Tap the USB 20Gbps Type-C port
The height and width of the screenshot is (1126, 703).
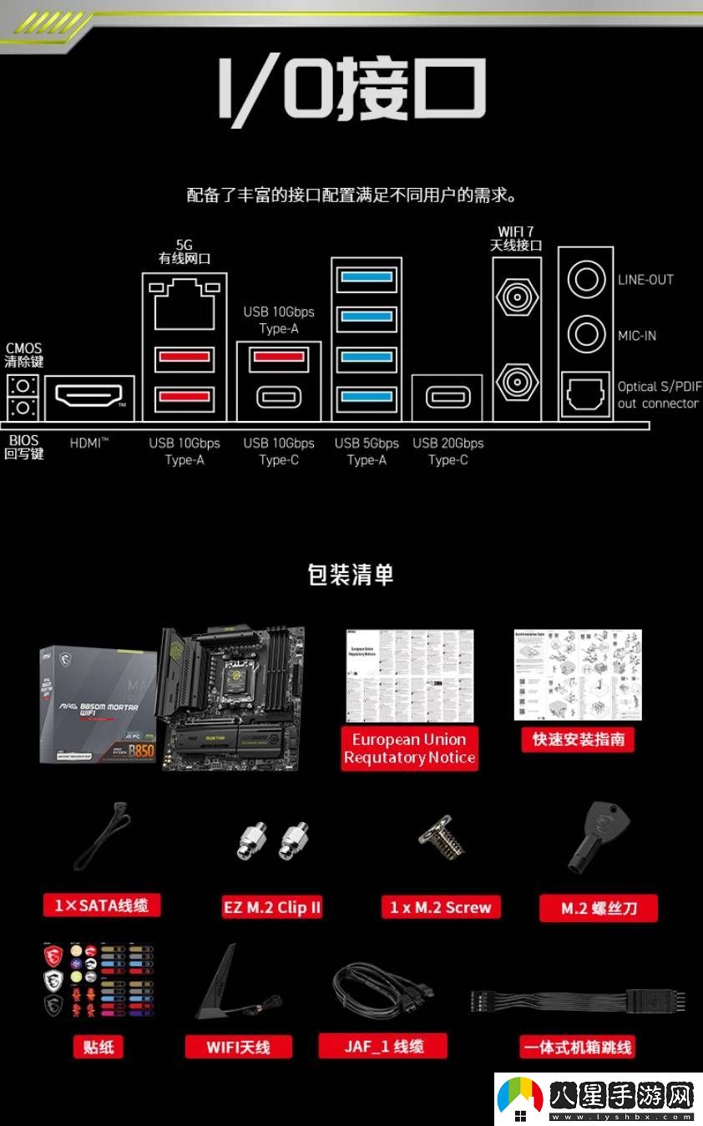[448, 397]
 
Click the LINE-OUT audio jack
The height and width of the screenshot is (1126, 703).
[586, 280]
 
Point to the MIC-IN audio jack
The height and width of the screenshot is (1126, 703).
[586, 334]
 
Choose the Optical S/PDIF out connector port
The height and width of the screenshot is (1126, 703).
[586, 393]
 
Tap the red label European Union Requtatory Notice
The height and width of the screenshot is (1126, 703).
[409, 748]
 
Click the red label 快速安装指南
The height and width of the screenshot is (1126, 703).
[579, 739]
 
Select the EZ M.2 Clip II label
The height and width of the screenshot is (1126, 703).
[272, 908]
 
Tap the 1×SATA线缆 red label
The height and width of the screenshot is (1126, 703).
[101, 905]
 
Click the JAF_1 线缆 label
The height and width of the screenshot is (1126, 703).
[383, 1047]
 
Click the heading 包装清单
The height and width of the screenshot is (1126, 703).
[351, 575]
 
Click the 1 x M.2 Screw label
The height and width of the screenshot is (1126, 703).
[441, 908]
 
